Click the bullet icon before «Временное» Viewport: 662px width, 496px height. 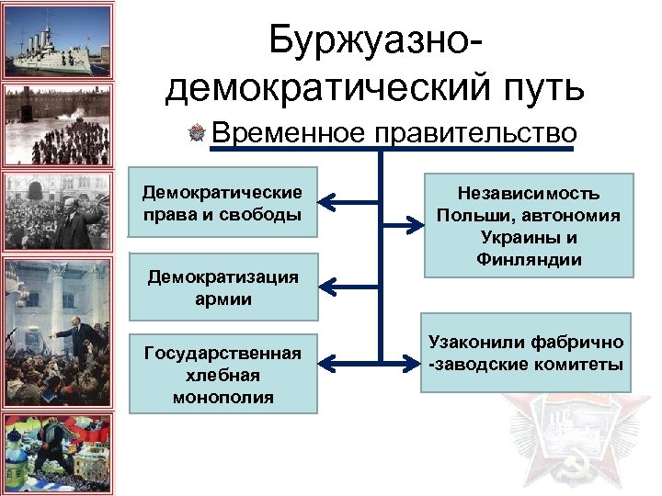click(194, 134)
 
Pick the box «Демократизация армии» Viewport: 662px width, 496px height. click(223, 287)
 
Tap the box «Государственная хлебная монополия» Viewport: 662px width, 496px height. click(223, 374)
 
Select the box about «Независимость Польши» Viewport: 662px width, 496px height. click(529, 226)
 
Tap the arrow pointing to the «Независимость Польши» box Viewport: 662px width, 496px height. click(403, 222)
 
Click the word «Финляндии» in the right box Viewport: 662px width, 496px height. click(529, 260)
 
